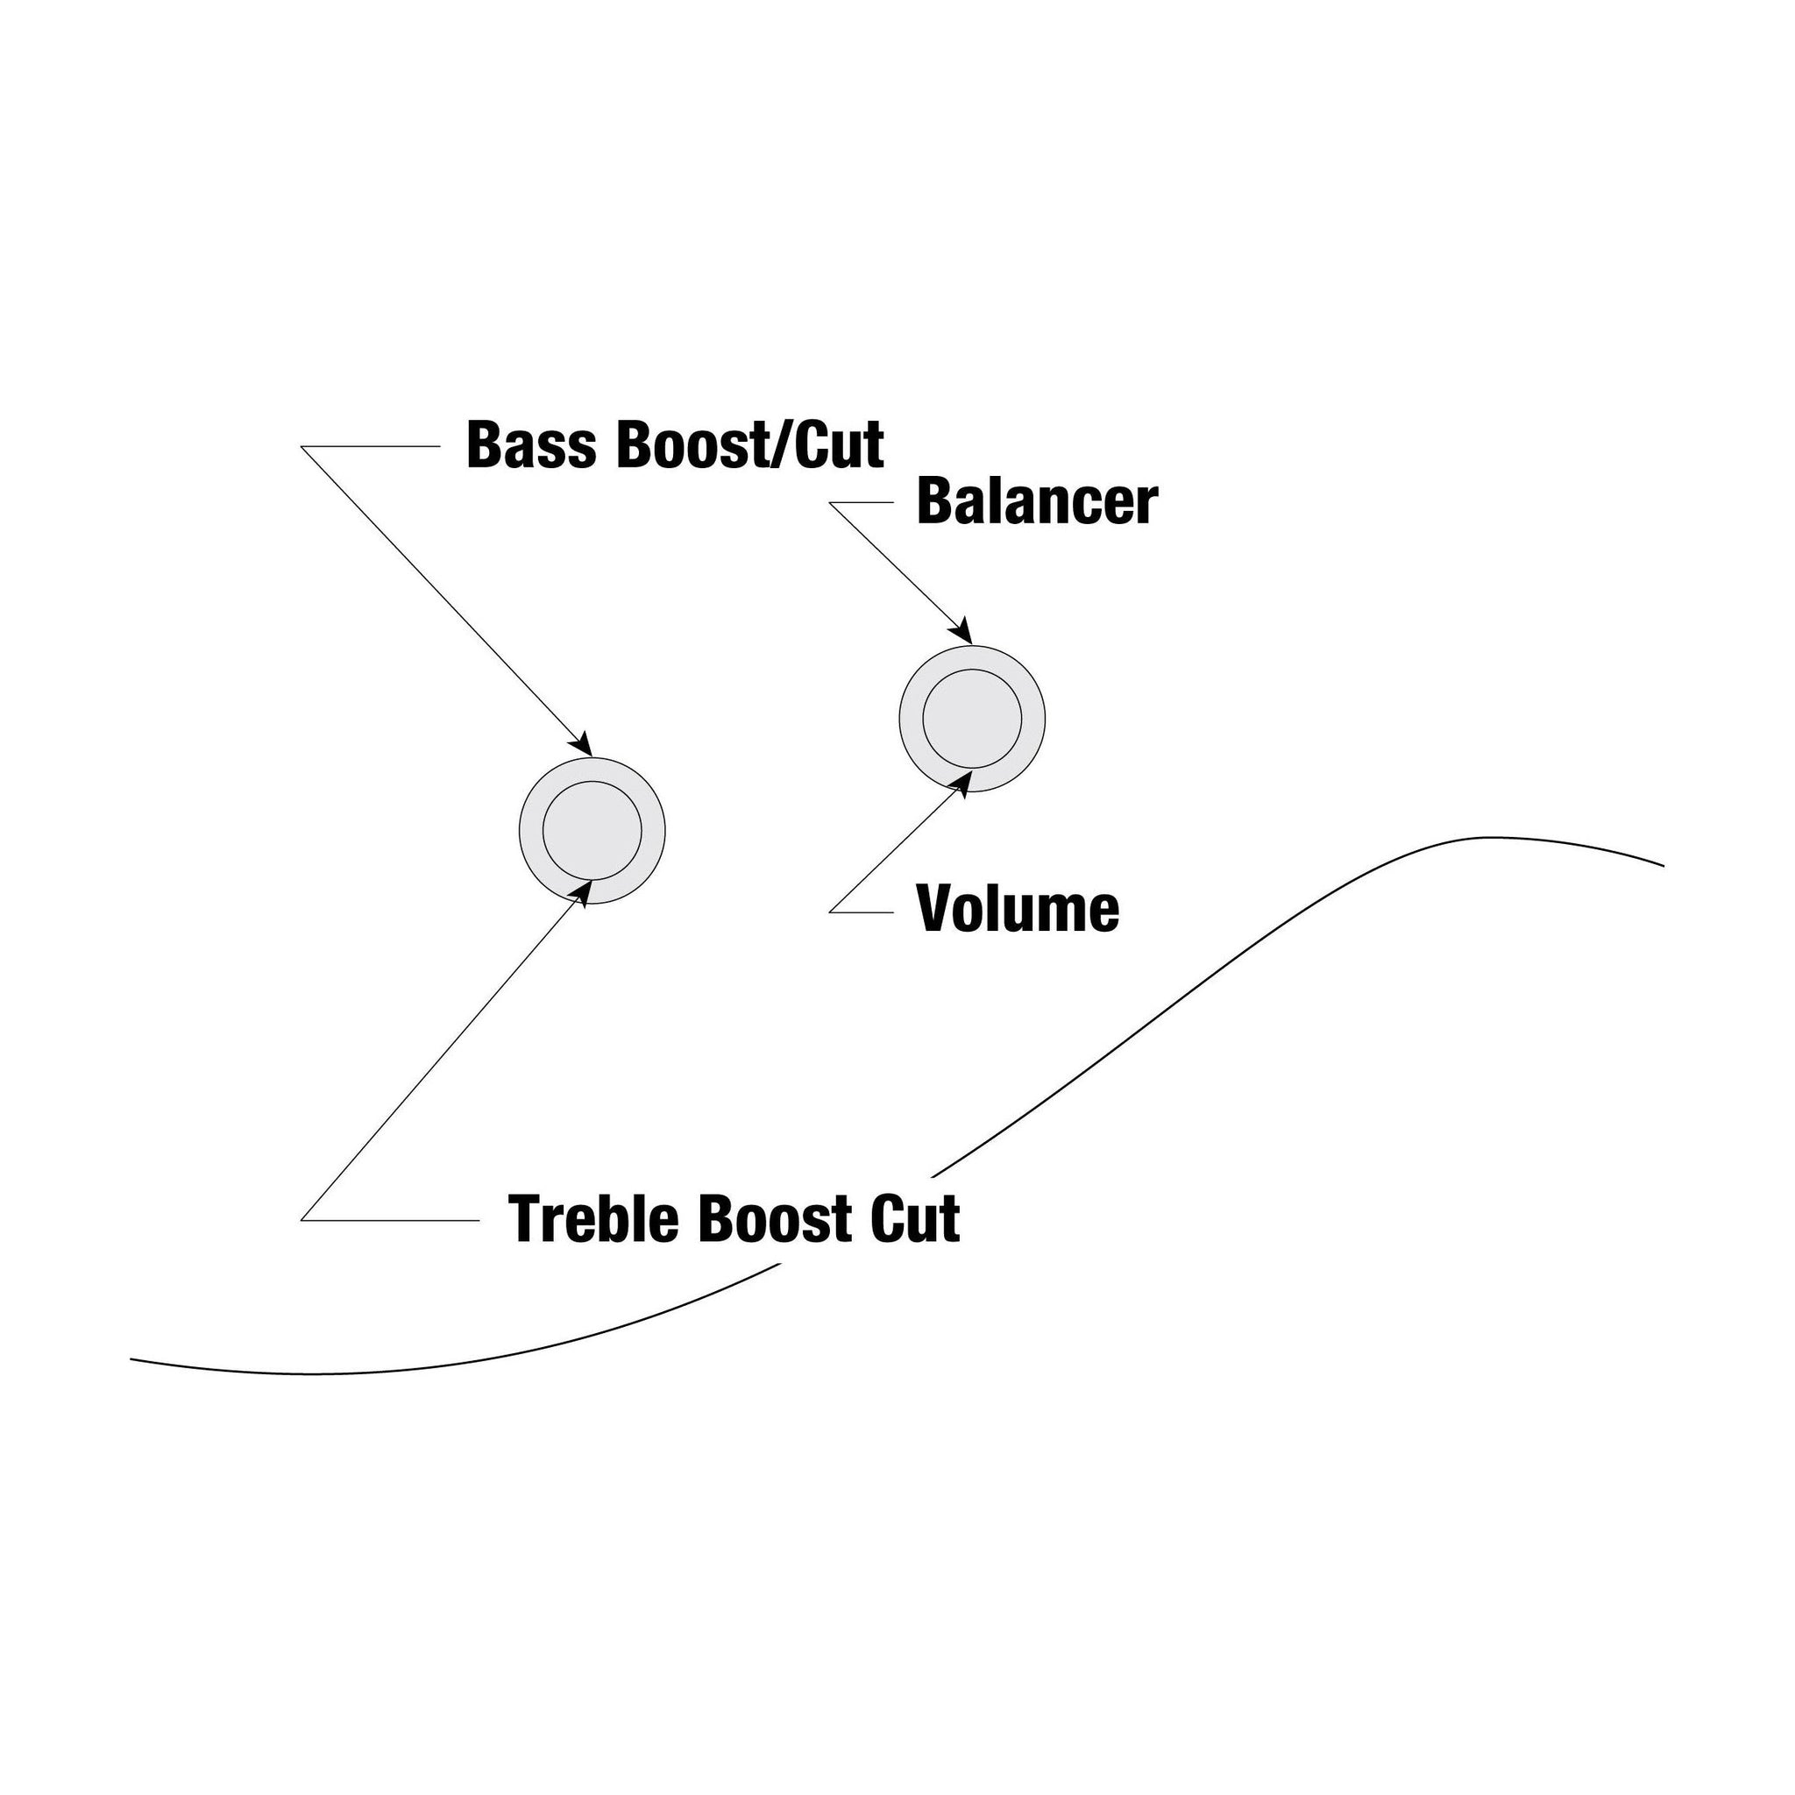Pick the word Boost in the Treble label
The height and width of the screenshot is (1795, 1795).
[777, 1219]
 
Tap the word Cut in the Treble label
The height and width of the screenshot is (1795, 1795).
[915, 1219]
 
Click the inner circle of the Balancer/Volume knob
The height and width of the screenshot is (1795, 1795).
[972, 719]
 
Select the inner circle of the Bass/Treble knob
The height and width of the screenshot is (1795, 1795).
[592, 831]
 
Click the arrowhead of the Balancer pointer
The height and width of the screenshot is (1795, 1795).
[962, 631]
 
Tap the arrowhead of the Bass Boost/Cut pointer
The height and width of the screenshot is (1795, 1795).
[583, 743]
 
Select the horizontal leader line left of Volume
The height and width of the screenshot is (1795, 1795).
[861, 912]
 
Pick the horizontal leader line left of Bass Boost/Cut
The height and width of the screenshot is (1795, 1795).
[370, 447]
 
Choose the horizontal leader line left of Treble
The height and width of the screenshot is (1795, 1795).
[390, 1220]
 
